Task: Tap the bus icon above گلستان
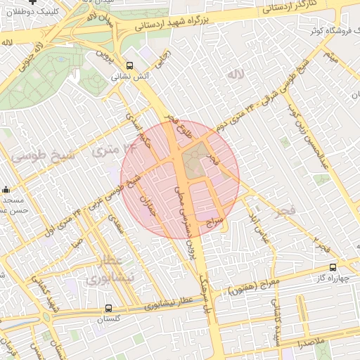pyautogui.click(x=108, y=308)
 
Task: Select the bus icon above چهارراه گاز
pyautogui.click(x=333, y=267)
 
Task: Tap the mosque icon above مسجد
pyautogui.click(x=6, y=189)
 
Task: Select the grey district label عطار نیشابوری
pyautogui.click(x=105, y=270)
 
